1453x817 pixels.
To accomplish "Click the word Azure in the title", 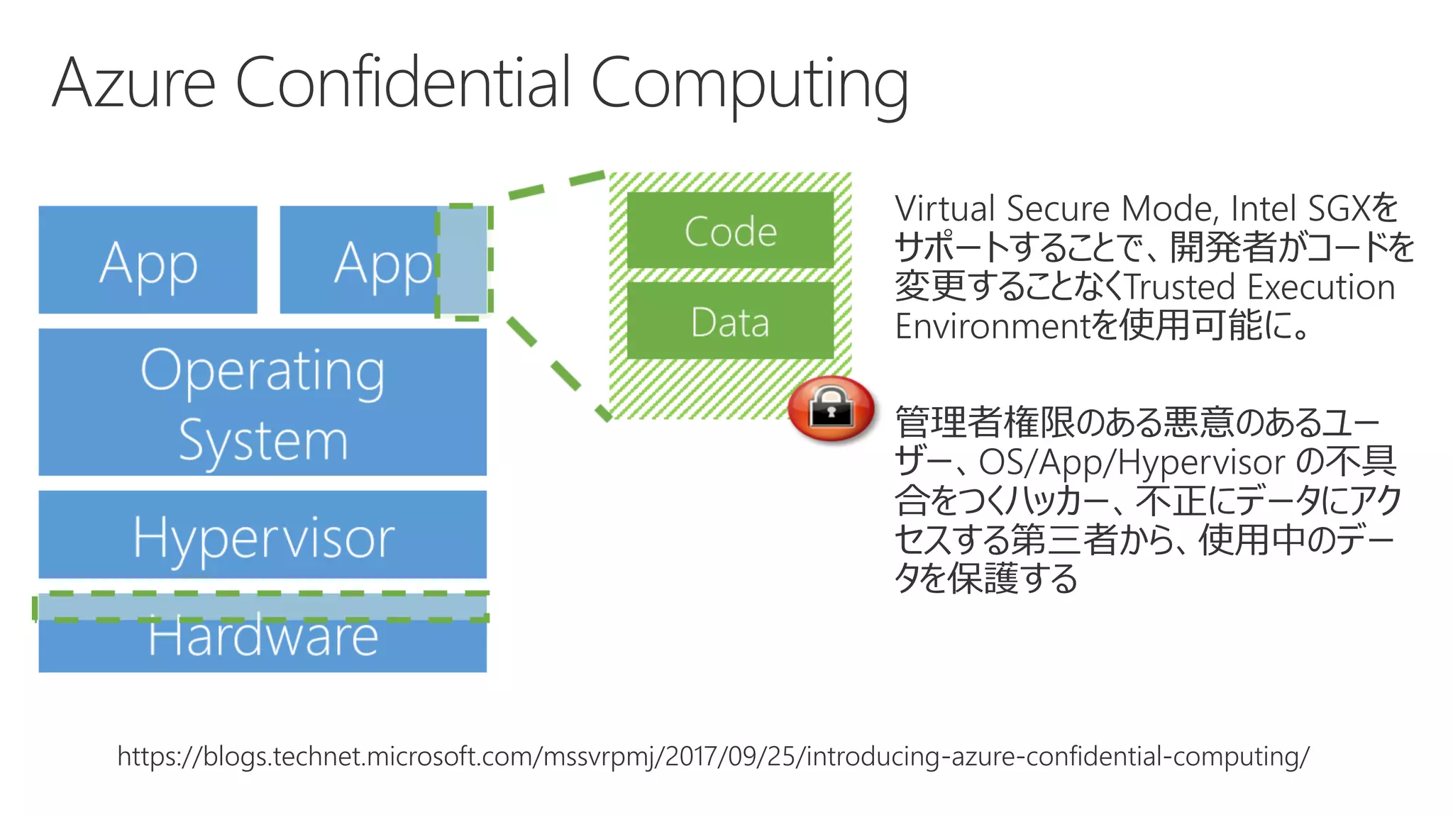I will pos(133,84).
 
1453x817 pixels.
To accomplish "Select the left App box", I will pos(148,260).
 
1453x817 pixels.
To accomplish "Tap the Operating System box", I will pos(263,402).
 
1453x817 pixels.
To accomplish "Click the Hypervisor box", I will pos(263,535).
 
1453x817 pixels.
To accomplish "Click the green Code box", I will pos(730,230).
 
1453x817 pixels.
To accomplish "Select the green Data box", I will pos(730,321).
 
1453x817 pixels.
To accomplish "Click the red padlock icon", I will pos(831,409).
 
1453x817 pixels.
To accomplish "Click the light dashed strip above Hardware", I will pos(263,607).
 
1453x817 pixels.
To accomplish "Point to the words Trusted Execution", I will pos(1259,287).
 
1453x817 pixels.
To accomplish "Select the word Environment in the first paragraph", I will pos(991,327).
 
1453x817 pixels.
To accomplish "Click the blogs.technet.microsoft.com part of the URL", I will pos(369,757).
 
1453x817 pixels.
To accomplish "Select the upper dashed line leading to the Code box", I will pos(557,184).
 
